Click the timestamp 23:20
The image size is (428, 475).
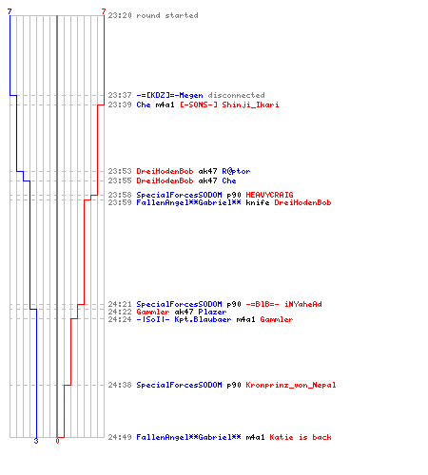pos(120,15)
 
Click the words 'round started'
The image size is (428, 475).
pos(167,15)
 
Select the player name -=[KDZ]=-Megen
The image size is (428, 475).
pos(169,95)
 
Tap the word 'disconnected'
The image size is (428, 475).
pos(236,95)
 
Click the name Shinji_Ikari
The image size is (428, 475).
pos(250,104)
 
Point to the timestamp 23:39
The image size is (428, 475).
pos(120,104)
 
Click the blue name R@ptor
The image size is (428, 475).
pos(236,171)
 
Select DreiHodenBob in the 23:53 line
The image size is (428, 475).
pos(165,171)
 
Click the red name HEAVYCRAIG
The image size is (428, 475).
pos(269,195)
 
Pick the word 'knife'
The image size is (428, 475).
pos(258,202)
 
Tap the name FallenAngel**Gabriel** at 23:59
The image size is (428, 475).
pos(188,202)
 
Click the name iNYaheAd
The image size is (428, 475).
pos(303,304)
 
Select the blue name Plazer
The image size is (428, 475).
pos(212,312)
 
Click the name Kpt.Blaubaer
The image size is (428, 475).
pos(203,319)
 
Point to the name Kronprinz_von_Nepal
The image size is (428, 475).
pos(291,385)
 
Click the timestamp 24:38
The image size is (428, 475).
pos(120,385)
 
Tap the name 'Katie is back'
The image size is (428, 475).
pos(301,437)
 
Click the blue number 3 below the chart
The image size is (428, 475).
pos(36,441)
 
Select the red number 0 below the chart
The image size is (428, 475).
pos(57,441)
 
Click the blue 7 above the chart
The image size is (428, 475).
pos(10,11)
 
